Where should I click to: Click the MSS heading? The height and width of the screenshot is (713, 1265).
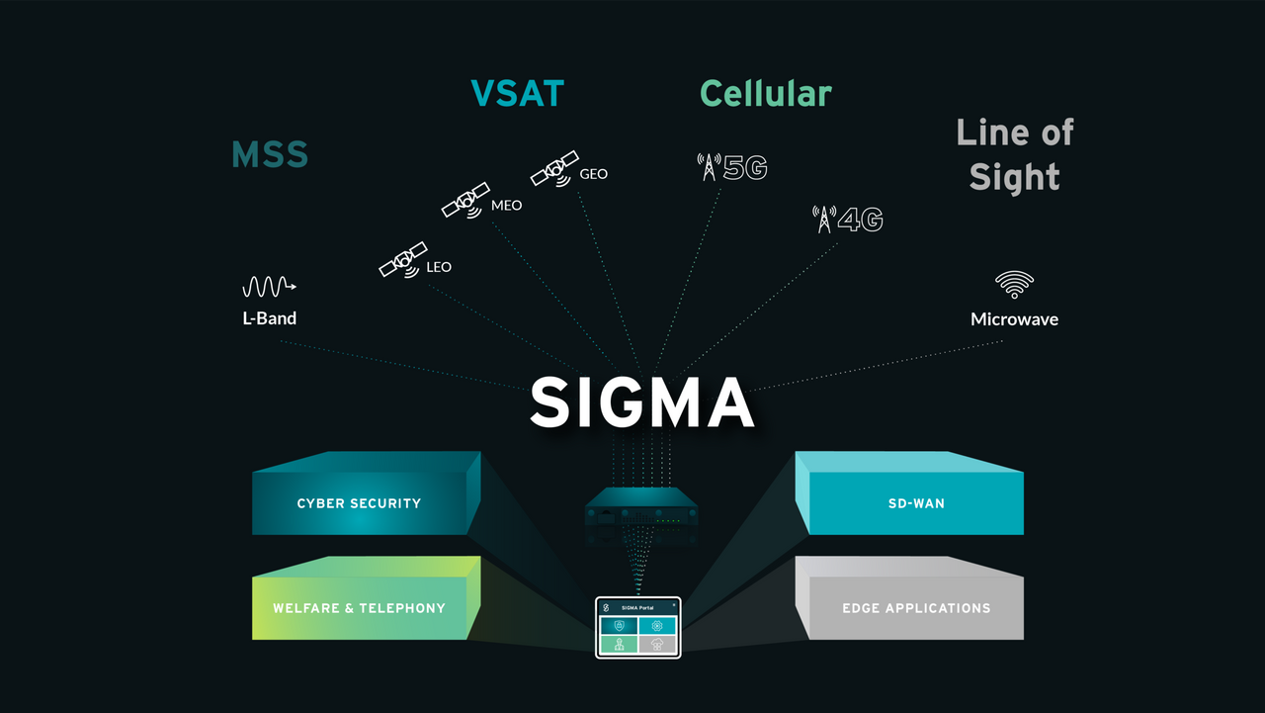(270, 155)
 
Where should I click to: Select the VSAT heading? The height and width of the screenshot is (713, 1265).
(517, 93)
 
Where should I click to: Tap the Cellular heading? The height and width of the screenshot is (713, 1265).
(766, 93)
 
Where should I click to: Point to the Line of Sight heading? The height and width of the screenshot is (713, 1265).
(1015, 155)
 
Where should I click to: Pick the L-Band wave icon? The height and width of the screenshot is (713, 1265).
(269, 287)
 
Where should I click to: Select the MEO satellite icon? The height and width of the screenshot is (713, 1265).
(465, 200)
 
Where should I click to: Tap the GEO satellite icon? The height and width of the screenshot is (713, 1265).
(554, 168)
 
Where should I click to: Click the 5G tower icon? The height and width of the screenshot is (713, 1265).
(709, 167)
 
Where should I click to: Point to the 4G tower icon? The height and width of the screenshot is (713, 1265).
(823, 219)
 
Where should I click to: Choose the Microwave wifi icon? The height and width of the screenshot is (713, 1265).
(1014, 285)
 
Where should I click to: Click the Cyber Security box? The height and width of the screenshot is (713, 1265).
(359, 503)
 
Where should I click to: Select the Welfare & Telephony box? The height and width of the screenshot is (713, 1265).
(359, 608)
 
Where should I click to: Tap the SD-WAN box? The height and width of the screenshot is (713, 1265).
(916, 503)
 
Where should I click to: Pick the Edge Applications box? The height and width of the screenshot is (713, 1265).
(916, 608)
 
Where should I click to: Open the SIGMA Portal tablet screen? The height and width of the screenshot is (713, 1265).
(638, 628)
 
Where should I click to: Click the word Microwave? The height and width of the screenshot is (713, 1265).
(1014, 319)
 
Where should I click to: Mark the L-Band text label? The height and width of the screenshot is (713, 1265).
(269, 318)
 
